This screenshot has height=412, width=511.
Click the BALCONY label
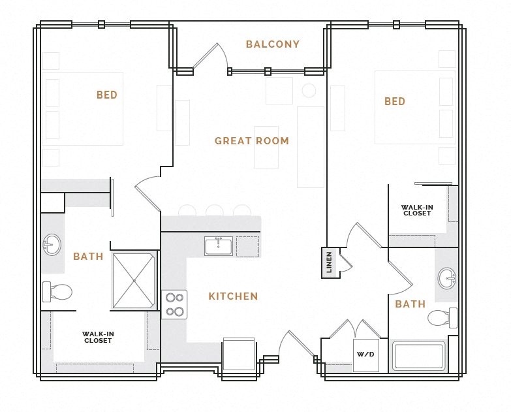(x=273, y=44)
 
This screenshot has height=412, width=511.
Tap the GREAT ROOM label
(x=251, y=140)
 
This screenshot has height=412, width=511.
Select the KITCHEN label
(x=233, y=296)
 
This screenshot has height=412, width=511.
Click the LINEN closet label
(x=330, y=262)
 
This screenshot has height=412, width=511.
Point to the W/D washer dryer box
(x=365, y=355)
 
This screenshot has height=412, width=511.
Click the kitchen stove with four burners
(x=174, y=304)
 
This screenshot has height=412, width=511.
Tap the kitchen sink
(x=218, y=246)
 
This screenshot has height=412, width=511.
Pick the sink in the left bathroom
(x=52, y=246)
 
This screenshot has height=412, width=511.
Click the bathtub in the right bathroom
(x=418, y=357)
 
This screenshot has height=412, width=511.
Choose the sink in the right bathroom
(x=448, y=277)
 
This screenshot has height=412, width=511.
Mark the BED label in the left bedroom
(x=107, y=95)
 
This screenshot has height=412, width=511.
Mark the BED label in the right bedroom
(x=395, y=101)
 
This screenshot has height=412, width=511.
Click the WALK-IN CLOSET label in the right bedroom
(x=417, y=210)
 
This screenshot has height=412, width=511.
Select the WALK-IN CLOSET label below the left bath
(x=98, y=337)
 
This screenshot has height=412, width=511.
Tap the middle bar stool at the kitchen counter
(x=214, y=210)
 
